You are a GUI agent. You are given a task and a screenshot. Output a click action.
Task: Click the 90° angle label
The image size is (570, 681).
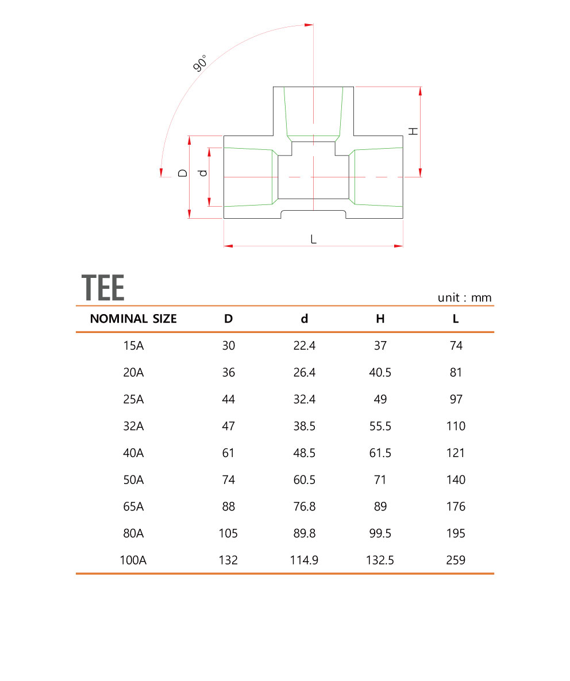200,63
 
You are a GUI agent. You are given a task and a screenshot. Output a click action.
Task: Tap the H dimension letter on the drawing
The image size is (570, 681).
413,130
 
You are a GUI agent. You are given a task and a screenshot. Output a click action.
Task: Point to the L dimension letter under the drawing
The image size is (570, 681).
313,239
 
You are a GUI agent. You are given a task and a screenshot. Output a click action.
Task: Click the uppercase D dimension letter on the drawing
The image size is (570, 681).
182,172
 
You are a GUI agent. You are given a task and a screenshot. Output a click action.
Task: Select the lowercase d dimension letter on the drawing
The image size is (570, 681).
201,173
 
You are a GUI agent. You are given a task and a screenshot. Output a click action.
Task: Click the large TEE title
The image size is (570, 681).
103,288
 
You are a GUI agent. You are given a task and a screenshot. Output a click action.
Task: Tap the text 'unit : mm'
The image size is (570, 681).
464,297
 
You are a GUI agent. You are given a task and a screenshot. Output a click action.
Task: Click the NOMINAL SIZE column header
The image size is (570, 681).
133,319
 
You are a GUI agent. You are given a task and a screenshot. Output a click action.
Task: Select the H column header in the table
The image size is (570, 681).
380,319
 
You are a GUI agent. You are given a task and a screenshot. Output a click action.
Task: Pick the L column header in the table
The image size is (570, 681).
456,319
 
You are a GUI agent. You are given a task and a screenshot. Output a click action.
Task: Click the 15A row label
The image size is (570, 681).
133,346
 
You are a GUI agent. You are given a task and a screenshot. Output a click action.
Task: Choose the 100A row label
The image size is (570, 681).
133,560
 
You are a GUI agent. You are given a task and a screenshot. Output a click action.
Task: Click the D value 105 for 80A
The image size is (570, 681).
229,533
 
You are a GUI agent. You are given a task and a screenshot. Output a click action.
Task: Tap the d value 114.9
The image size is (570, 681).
305,560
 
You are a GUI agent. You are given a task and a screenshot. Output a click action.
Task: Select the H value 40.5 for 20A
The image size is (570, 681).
380,373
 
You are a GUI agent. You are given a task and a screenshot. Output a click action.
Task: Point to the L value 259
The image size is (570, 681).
456,560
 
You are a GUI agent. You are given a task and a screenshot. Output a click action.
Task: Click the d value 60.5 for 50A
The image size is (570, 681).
305,480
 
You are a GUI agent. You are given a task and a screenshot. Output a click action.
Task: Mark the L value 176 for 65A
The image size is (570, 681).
456,506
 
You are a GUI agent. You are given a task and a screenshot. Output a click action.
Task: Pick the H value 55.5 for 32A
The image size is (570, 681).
380,426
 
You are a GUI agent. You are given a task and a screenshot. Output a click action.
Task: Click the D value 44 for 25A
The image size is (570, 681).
229,399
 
